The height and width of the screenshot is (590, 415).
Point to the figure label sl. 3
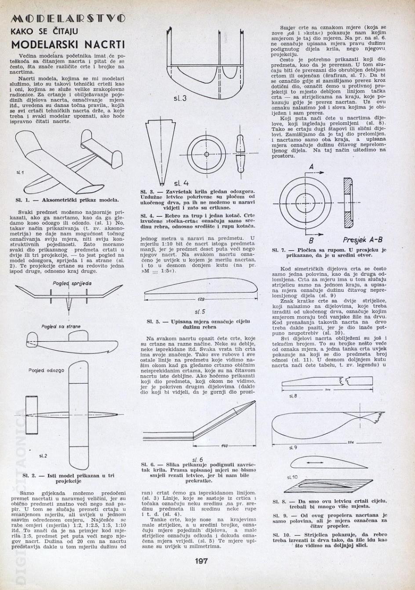point(180,98)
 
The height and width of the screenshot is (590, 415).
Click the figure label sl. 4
point(181,183)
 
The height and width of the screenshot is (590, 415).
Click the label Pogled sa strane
point(61,326)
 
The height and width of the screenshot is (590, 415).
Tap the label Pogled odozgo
point(46,370)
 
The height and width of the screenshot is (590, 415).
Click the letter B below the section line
point(311,241)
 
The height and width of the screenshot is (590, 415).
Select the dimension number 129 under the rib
point(201,299)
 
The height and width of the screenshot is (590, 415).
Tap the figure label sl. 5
point(200,311)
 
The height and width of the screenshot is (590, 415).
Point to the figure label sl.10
point(292,477)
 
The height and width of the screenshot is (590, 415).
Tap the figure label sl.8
point(294,396)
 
